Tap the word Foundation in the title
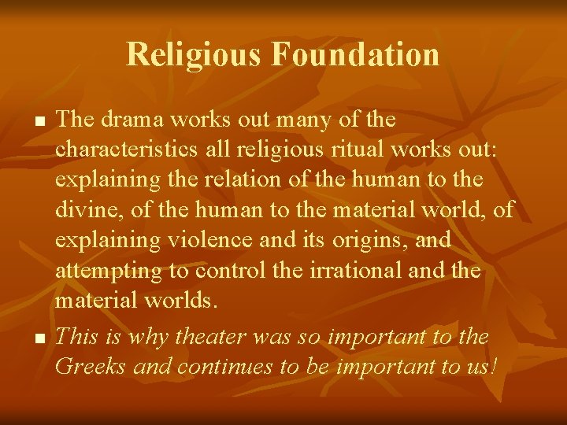(355, 54)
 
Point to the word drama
(129, 120)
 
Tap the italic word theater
(210, 337)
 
